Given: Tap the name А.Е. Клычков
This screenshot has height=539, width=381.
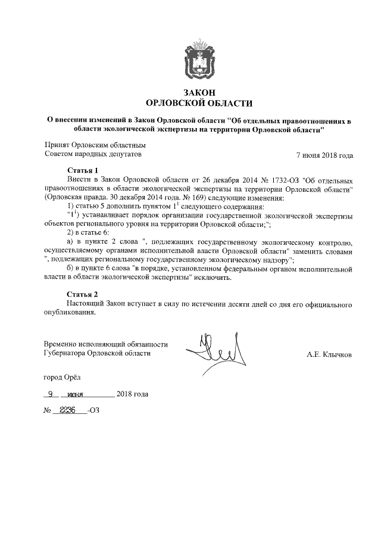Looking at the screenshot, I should click(x=329, y=354).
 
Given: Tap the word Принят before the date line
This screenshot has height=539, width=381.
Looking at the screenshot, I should click(x=57, y=145).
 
